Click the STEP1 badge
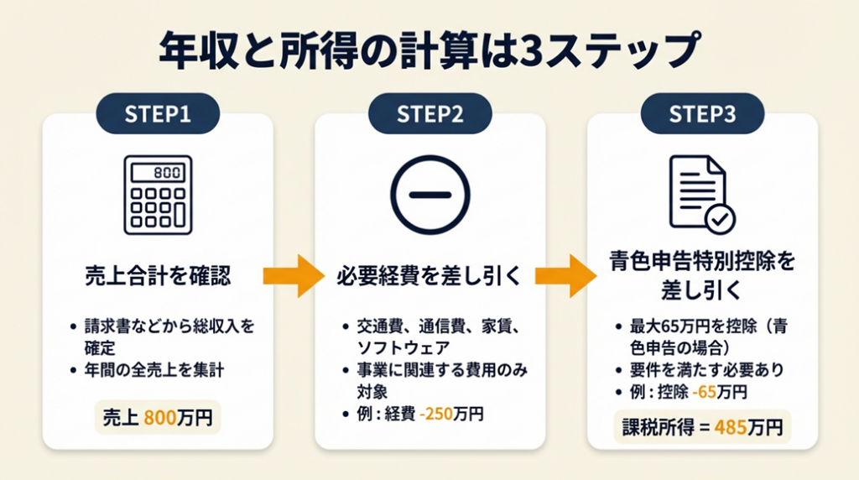point(158,114)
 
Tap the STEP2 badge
point(429,114)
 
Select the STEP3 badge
point(702,114)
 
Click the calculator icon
point(158,194)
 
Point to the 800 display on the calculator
point(163,173)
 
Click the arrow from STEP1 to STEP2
point(293,275)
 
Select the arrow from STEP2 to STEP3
point(565,275)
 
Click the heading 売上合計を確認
point(158,274)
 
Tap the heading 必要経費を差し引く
point(429,274)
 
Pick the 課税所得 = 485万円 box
point(702,428)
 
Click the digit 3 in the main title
point(534,53)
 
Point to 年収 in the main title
point(192,53)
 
